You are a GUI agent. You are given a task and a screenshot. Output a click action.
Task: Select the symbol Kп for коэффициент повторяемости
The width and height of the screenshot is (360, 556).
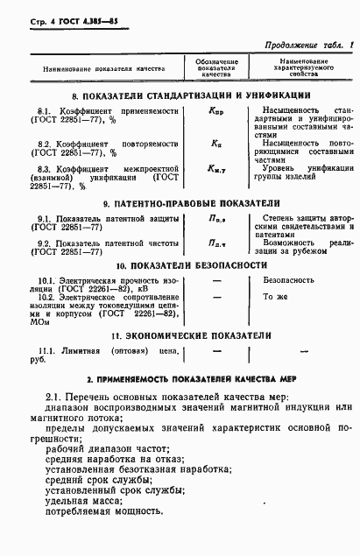tap(216, 142)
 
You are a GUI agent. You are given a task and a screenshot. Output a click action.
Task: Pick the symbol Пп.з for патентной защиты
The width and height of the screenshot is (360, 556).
tap(216, 222)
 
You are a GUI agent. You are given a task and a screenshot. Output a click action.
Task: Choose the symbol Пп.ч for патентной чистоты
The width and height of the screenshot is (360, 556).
tap(216, 243)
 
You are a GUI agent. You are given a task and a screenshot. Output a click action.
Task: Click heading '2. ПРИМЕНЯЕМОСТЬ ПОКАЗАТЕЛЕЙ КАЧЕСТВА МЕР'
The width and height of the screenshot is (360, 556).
tap(179, 382)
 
